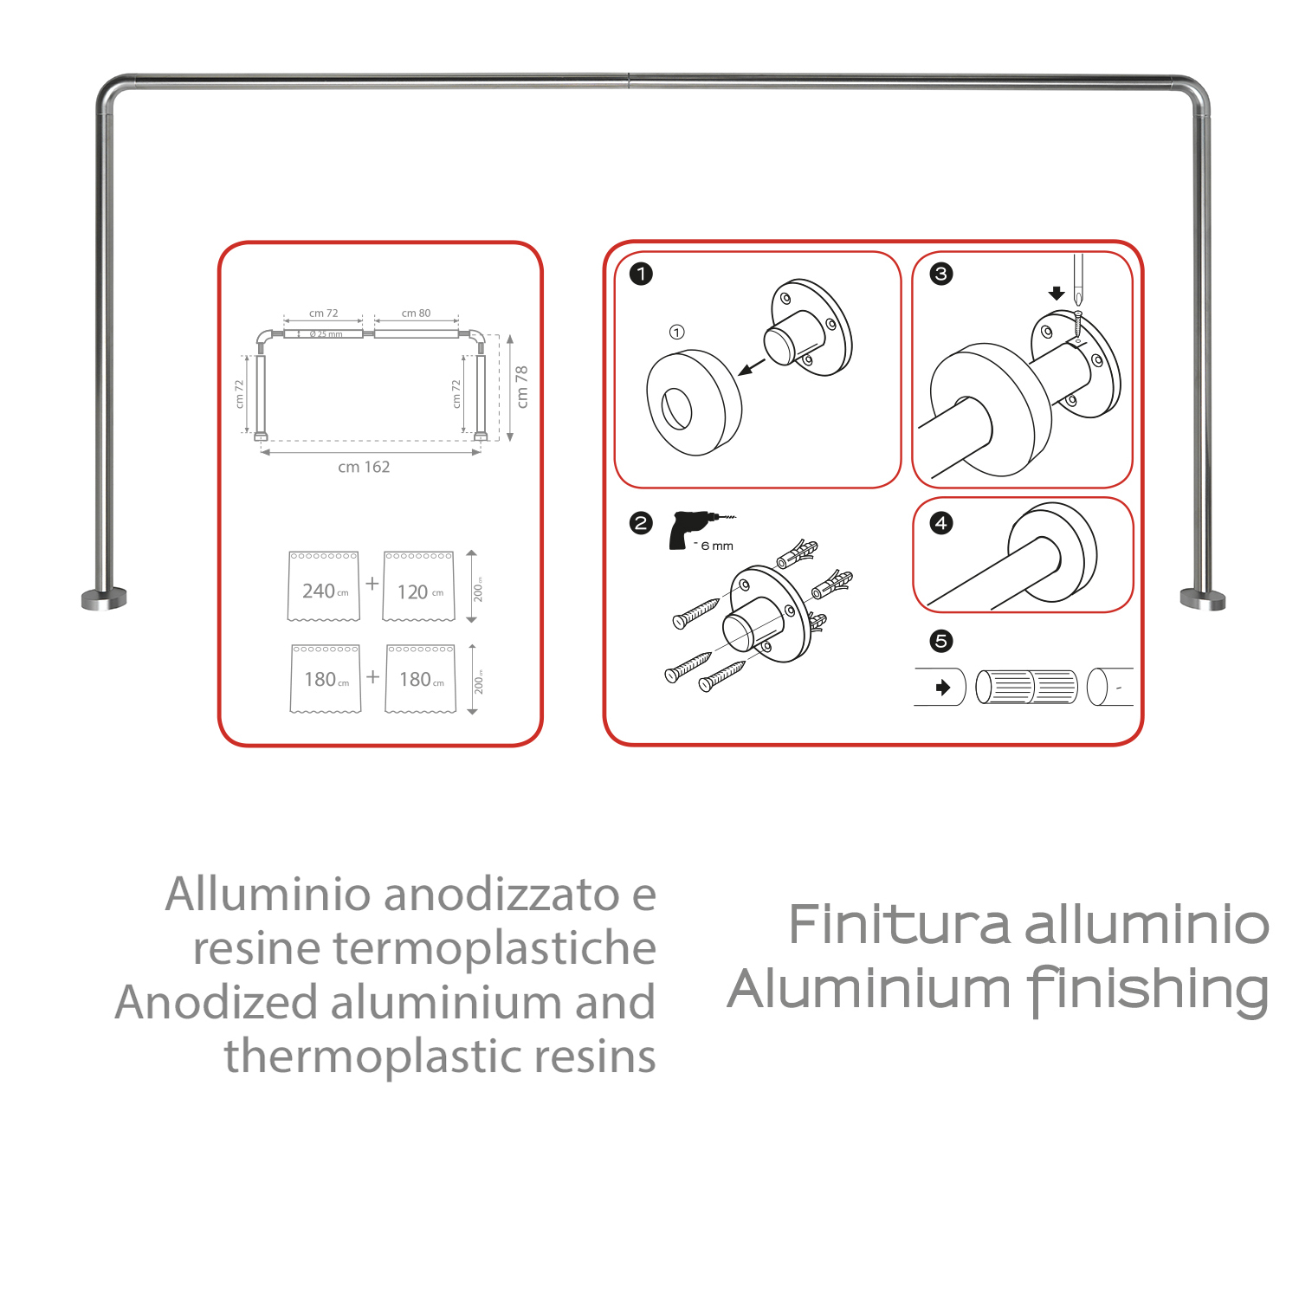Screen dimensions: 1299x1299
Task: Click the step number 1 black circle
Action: click(x=641, y=275)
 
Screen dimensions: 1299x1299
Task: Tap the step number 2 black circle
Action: click(x=641, y=523)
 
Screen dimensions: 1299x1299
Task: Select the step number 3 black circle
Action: click(x=941, y=275)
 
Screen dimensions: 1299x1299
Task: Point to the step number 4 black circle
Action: click(x=941, y=523)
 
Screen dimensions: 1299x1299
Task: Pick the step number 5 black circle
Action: click(x=941, y=641)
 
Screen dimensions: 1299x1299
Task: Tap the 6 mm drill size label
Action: click(x=717, y=546)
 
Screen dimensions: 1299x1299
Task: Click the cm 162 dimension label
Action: click(x=364, y=468)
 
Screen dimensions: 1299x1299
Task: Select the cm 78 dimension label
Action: click(x=521, y=386)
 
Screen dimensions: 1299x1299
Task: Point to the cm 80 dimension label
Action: click(x=416, y=313)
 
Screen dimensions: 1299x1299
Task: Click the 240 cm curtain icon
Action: click(x=324, y=586)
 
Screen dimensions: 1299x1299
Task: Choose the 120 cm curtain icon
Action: click(x=419, y=586)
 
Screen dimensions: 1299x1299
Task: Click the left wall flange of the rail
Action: click(x=104, y=598)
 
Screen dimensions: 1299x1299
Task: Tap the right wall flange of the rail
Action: click(x=1203, y=599)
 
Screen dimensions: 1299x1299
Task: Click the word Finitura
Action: click(x=899, y=925)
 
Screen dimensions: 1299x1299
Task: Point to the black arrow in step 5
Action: click(x=943, y=688)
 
